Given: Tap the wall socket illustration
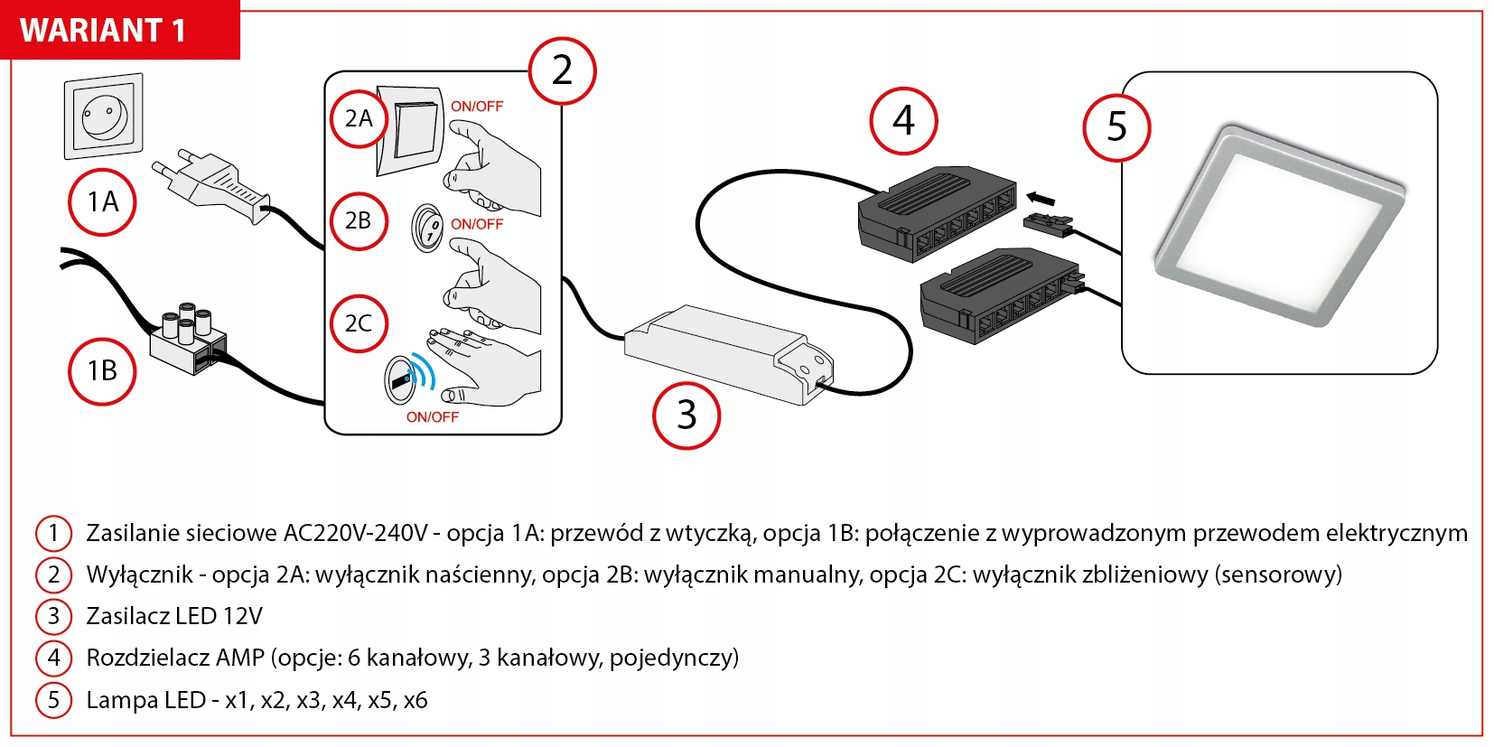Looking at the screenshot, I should pos(104,117).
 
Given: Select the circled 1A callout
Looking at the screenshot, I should pos(102,202).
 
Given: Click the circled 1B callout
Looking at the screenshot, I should pos(102,370).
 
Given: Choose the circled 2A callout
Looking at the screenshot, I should pos(359,118).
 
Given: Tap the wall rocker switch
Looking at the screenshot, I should pos(413,128).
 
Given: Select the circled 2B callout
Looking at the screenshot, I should pos(359,220).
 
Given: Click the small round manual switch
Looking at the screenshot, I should pos(427,228).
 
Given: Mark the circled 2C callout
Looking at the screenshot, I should pos(359,323).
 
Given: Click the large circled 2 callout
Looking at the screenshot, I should pos(562,70).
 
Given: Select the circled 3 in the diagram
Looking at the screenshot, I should pos(686,415).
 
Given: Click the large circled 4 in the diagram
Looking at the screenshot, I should pos(903,121).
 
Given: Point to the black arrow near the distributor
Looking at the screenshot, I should pos(1041,198).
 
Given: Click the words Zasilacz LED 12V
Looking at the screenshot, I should pos(173,616).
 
